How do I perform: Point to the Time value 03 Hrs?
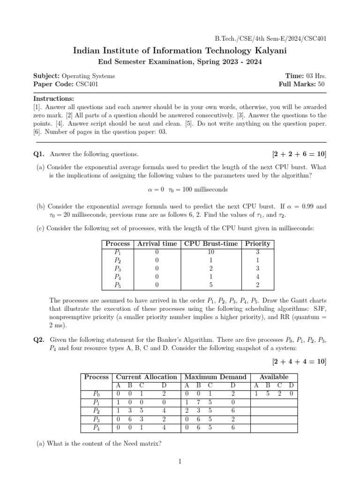[316, 76]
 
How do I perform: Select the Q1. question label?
[39, 154]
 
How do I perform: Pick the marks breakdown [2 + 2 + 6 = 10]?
[299, 154]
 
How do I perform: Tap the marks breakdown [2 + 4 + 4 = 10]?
[299, 361]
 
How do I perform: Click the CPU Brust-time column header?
[211, 244]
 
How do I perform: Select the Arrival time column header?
[157, 244]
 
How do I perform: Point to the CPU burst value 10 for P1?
[211, 252]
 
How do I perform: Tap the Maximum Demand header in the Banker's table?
[215, 377]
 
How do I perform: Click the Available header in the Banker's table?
[274, 377]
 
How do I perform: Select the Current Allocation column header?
[146, 377]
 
